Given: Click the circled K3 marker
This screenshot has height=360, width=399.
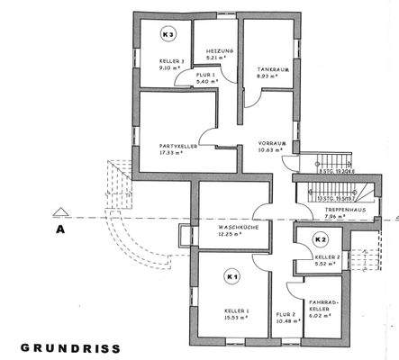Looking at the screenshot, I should (x=166, y=34).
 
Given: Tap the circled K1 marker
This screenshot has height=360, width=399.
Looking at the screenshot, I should (x=232, y=276).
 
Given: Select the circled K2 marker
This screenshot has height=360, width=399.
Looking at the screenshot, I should (x=320, y=239).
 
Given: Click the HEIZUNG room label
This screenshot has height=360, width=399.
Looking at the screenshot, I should (x=220, y=51).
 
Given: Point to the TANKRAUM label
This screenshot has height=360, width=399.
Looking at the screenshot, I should (x=272, y=68).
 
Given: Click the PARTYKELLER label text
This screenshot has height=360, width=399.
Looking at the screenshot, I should (x=178, y=144).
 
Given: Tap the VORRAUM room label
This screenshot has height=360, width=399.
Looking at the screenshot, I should (x=273, y=142).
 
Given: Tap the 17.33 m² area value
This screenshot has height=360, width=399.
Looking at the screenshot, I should (x=172, y=152).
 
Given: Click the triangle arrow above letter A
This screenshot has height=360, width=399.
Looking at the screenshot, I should (x=60, y=213).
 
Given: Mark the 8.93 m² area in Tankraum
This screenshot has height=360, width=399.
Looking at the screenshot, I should (x=268, y=76).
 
